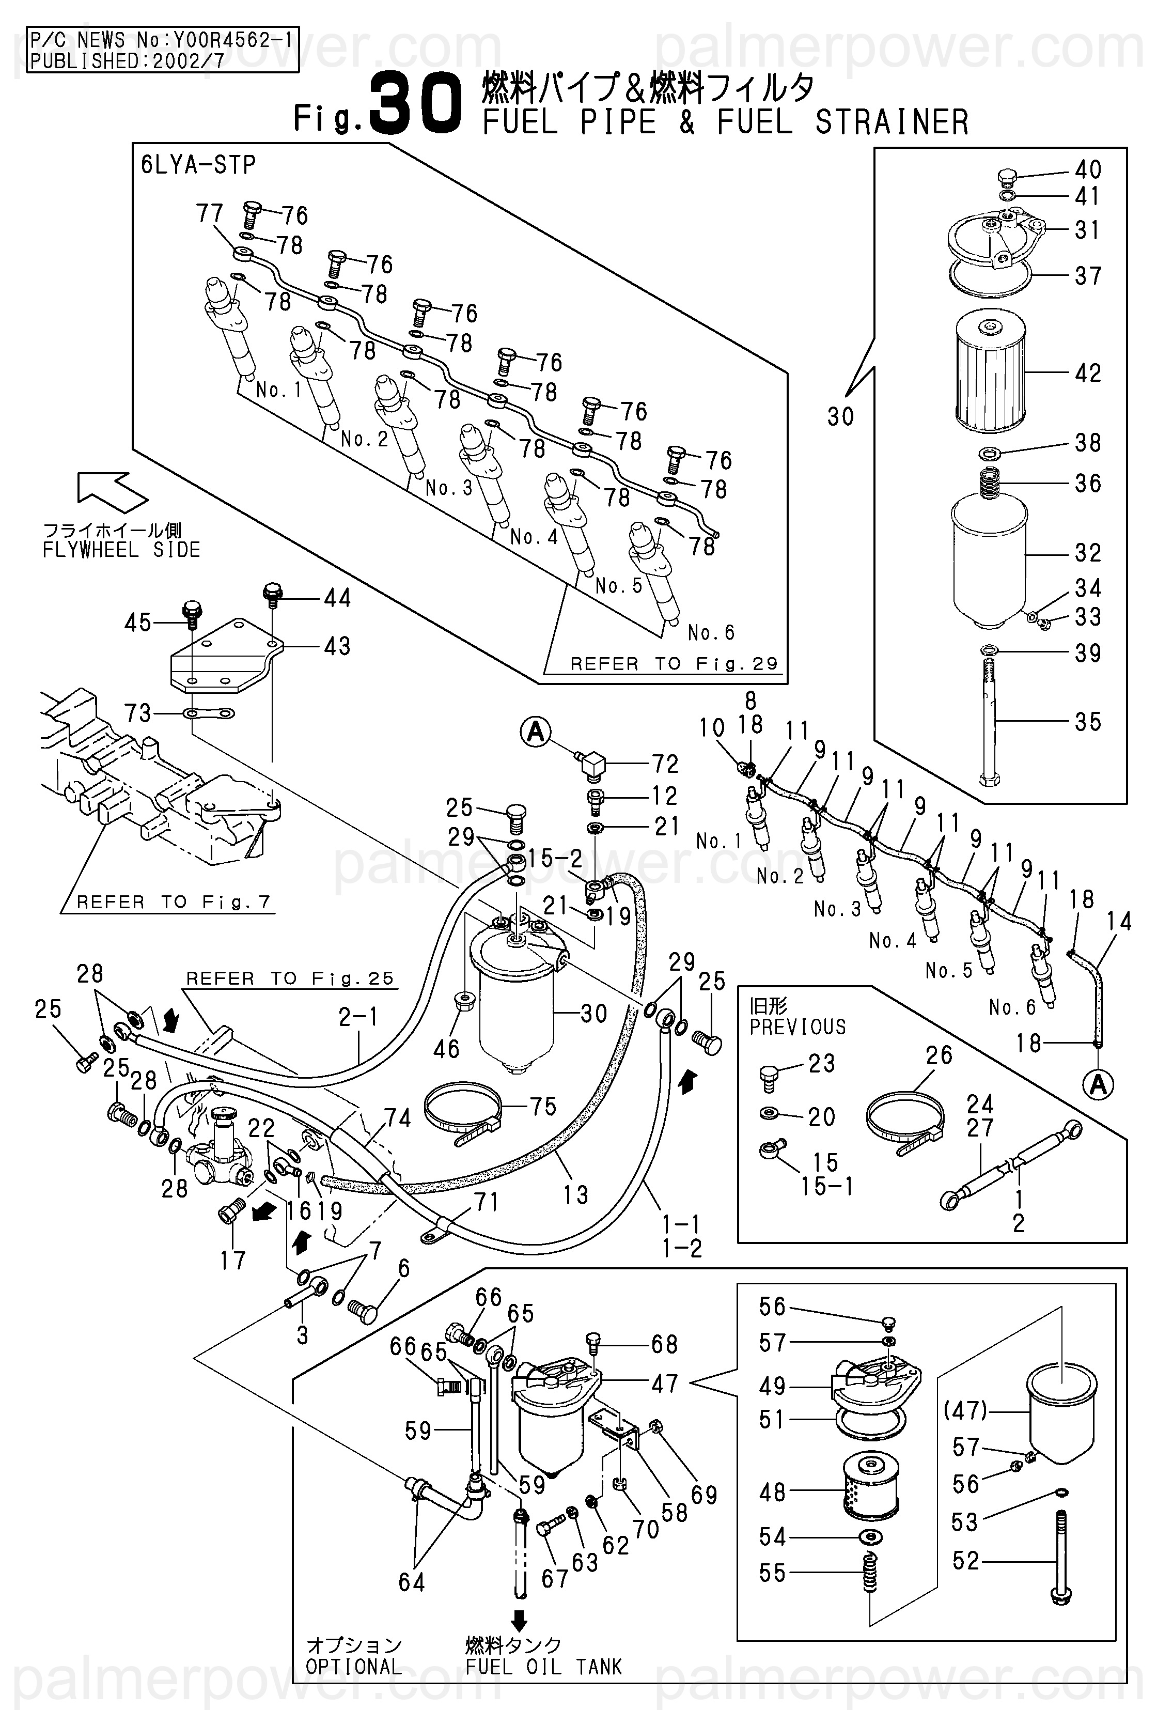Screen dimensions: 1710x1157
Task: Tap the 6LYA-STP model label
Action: [198, 165]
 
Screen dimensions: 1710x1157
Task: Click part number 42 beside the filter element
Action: [1088, 373]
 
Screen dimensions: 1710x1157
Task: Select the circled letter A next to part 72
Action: [536, 732]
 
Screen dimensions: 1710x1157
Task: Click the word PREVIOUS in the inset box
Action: [798, 1027]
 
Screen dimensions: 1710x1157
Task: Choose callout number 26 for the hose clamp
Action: [939, 1055]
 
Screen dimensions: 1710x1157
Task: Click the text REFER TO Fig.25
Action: [290, 978]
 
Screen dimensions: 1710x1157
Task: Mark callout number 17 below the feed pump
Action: [232, 1260]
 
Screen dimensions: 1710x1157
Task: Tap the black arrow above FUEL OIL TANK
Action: [519, 1620]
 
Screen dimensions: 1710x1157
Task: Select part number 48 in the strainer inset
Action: [772, 1491]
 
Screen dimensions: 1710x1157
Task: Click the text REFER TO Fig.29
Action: [674, 664]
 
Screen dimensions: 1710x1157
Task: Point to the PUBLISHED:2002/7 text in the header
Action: [127, 61]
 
